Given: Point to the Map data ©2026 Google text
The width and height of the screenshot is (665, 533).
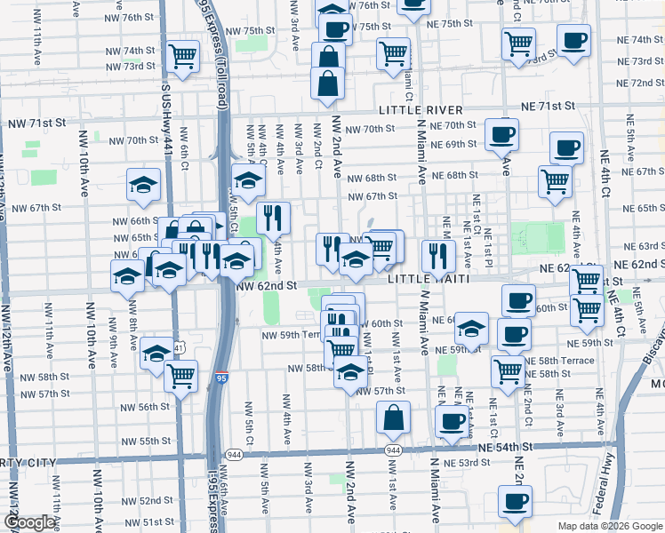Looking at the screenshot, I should (x=611, y=526).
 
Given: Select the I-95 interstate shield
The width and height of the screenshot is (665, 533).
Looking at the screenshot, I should (x=222, y=378).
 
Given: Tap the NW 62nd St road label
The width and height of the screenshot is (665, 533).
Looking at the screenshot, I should (x=266, y=286).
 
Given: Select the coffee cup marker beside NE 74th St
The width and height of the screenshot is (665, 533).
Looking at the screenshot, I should (x=573, y=40).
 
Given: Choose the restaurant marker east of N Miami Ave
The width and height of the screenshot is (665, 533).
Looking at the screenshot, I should (x=437, y=255).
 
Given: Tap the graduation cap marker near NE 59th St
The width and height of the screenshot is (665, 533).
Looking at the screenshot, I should (x=471, y=329).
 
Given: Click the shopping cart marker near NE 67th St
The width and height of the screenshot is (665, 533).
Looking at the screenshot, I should (x=555, y=180).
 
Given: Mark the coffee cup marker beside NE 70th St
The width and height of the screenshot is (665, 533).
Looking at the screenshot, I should (x=501, y=134).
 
